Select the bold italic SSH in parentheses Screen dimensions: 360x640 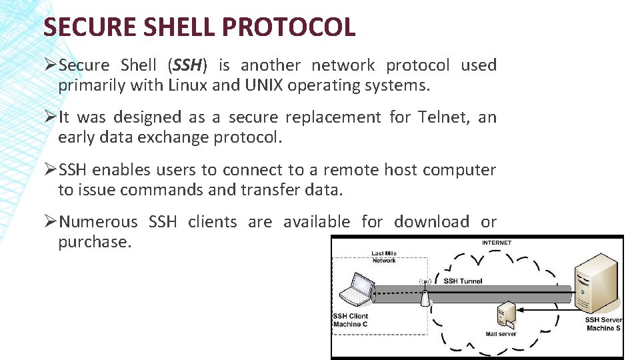[x=187, y=65]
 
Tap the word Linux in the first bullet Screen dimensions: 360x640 [x=187, y=85]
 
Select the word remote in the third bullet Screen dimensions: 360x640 [x=353, y=170]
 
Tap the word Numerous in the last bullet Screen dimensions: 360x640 [x=98, y=221]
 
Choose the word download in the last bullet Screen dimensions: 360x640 [x=431, y=221]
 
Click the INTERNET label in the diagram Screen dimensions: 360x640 [x=497, y=243]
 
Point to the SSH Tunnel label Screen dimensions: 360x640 [x=463, y=281]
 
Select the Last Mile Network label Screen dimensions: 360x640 [x=384, y=257]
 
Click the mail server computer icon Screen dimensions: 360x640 [x=506, y=315]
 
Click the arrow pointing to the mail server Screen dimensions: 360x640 [x=547, y=309]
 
